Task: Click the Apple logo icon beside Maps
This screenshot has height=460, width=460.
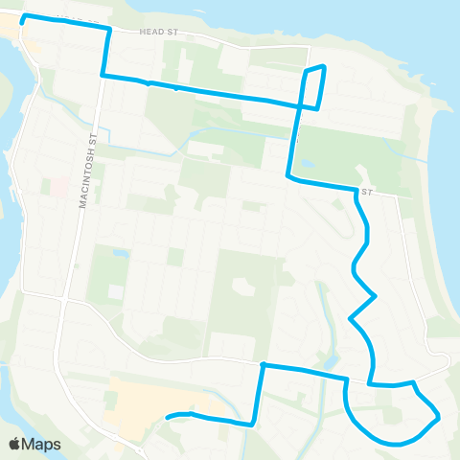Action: (15, 444)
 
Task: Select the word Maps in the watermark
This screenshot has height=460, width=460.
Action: (41, 444)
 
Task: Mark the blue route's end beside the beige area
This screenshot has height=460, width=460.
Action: (168, 417)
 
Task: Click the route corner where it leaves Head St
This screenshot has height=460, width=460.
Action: (109, 29)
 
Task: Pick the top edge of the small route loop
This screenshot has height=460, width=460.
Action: (316, 67)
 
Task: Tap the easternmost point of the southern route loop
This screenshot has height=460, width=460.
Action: (438, 417)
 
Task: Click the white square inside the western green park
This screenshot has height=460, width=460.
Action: (116, 290)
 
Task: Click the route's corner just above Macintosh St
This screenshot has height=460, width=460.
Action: (103, 75)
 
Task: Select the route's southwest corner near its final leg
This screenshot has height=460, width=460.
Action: (252, 423)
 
